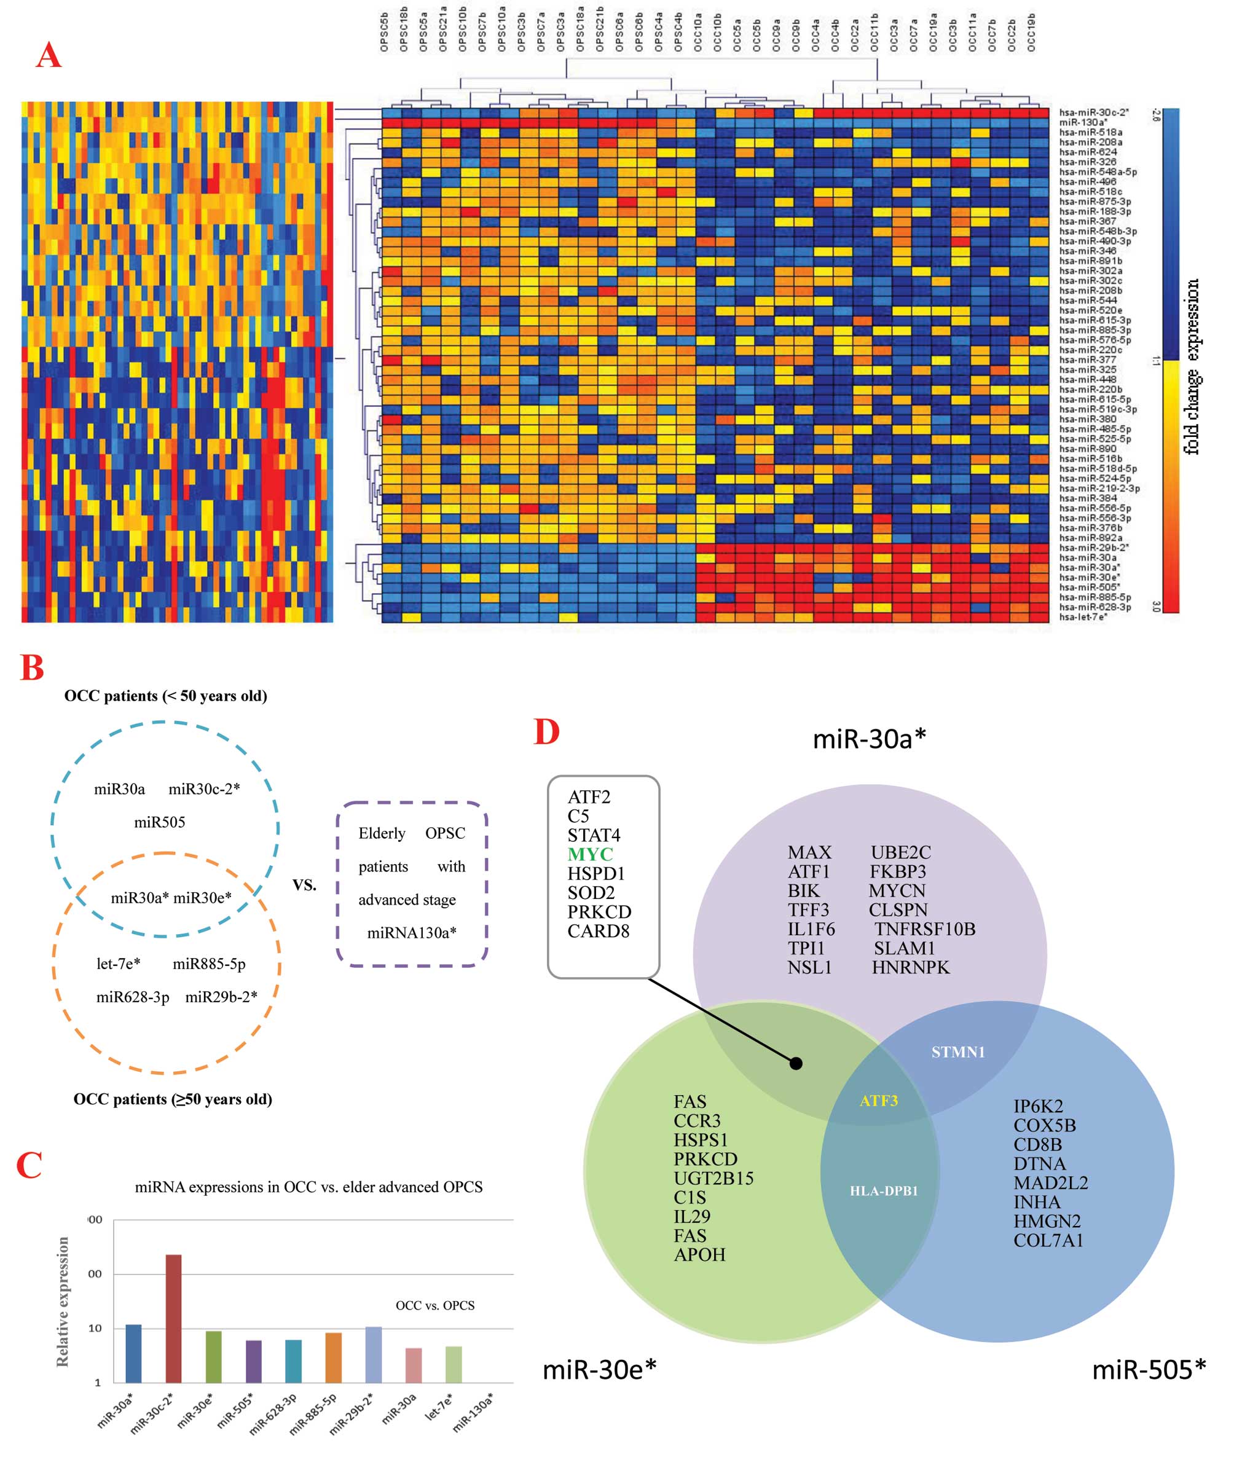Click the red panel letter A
(x=49, y=55)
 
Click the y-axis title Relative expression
(x=63, y=1301)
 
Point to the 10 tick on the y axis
(x=95, y=1328)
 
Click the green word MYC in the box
(x=590, y=854)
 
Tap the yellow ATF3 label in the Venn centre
(x=878, y=1100)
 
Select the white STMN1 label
(x=957, y=1052)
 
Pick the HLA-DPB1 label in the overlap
(x=884, y=1190)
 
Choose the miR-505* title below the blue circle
(x=1149, y=1370)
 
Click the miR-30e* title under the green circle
(x=599, y=1370)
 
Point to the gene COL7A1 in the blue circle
(x=1048, y=1241)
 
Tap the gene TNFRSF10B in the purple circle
(x=925, y=929)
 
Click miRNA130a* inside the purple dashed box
(x=412, y=933)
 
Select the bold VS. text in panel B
(x=305, y=885)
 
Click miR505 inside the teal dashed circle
(x=159, y=822)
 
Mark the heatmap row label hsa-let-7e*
(x=1082, y=617)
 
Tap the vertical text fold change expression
(x=1191, y=367)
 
